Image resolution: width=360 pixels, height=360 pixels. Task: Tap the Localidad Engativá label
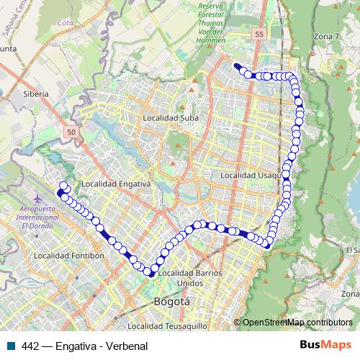tap(115, 184)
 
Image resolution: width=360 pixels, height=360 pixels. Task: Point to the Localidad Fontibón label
tap(70, 256)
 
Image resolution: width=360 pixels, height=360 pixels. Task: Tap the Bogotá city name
tap(172, 302)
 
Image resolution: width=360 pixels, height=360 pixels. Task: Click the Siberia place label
tap(36, 94)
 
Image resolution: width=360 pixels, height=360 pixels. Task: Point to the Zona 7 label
tap(325, 36)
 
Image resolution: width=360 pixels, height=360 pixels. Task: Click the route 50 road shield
tap(70, 132)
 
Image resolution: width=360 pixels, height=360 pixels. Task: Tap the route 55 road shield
tap(259, 33)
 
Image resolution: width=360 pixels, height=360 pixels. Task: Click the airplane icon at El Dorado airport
tap(38, 199)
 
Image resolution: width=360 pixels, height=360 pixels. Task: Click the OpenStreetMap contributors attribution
tap(296, 323)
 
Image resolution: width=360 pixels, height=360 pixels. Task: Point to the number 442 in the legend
tap(31, 346)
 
